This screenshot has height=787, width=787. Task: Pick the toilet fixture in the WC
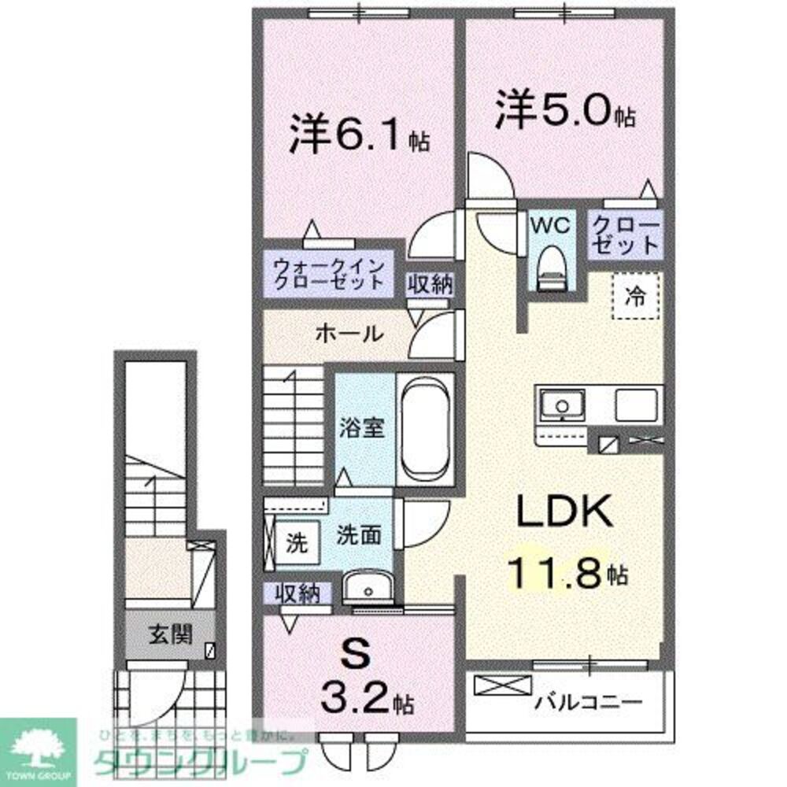[x=551, y=267]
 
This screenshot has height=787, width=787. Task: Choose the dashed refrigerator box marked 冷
[x=635, y=296]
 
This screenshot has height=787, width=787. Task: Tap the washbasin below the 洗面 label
[x=367, y=587]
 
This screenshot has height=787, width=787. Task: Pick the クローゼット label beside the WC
[x=625, y=234]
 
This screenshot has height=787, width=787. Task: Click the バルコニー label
[x=589, y=700]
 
